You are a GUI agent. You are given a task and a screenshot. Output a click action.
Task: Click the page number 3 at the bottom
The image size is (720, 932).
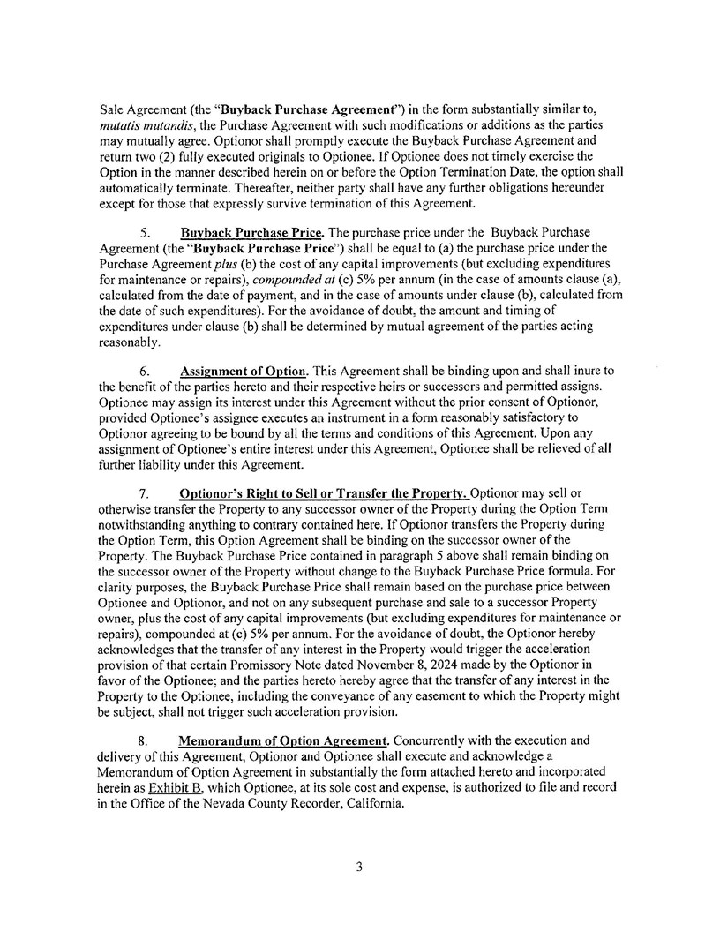coord(359,868)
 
